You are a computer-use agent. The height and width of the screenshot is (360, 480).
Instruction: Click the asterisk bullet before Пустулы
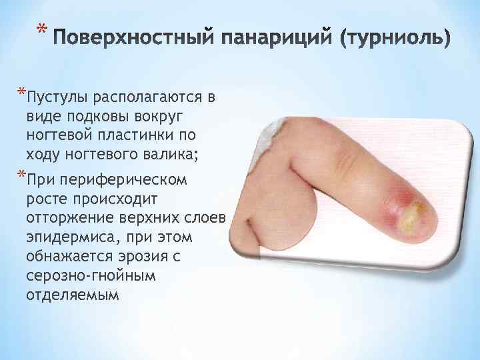click(x=22, y=92)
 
